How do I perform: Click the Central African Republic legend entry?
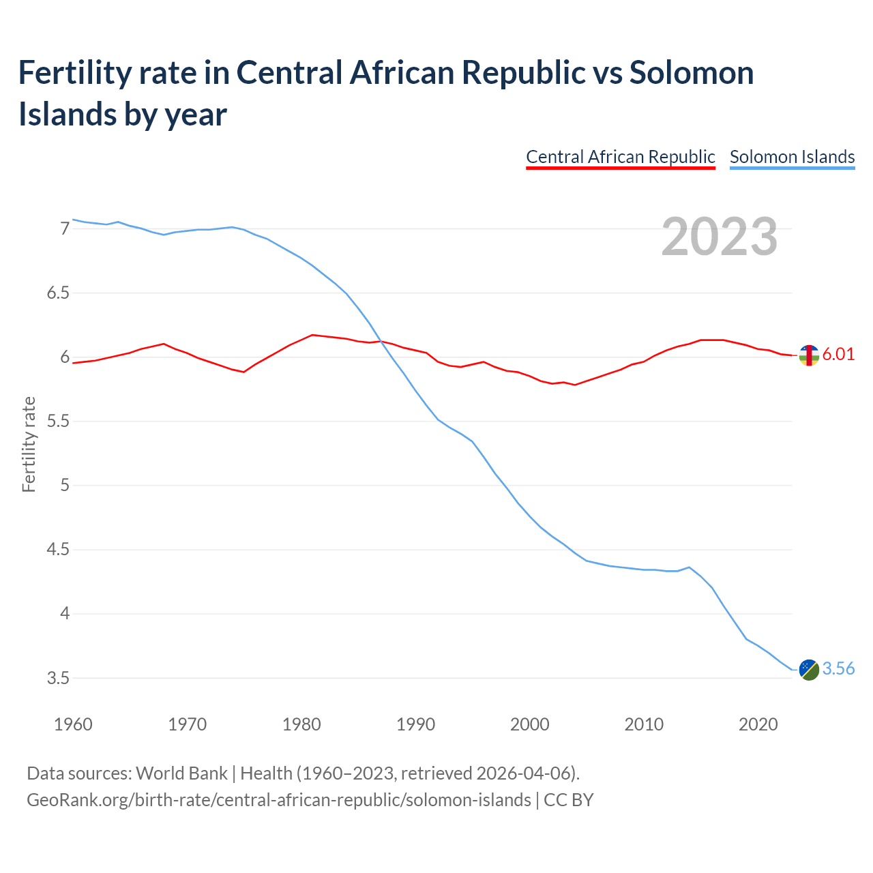click(620, 157)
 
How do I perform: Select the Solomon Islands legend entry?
click(792, 157)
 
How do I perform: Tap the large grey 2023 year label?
click(720, 237)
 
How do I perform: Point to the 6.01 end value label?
click(838, 354)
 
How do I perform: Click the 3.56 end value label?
click(838, 668)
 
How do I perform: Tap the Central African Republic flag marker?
click(809, 355)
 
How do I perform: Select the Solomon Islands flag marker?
click(809, 670)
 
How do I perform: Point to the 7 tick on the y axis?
click(65, 228)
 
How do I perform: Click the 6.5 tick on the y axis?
click(58, 293)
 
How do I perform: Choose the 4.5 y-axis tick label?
click(58, 550)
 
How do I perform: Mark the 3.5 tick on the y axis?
click(58, 678)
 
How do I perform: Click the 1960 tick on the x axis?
click(73, 724)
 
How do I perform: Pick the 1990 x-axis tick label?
click(415, 724)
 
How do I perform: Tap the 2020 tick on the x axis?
click(758, 724)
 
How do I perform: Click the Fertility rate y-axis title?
click(29, 444)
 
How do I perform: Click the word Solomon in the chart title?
click(692, 72)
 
